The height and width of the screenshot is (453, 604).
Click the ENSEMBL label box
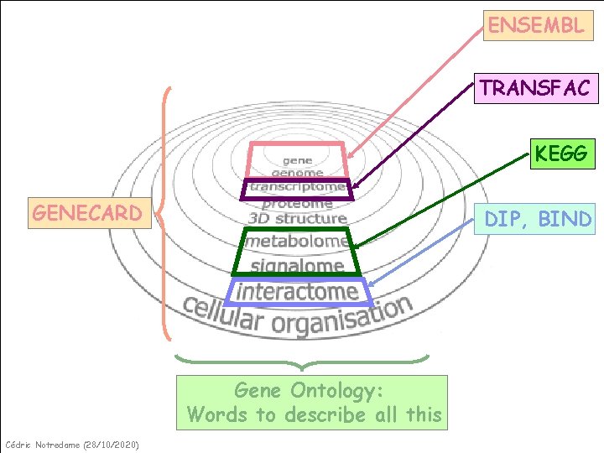coord(536,25)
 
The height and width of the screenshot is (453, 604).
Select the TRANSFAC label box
coord(535,87)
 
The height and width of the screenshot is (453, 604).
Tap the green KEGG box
coord(561,154)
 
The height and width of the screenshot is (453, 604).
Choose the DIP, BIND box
coord(538,219)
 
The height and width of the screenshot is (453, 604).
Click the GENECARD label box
coord(87,213)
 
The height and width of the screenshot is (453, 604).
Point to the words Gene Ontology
coord(309,390)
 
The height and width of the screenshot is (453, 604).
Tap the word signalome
coord(297,266)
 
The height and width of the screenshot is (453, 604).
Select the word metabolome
coord(297,242)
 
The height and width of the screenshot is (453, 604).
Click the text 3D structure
coord(297,218)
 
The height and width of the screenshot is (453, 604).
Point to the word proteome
coord(297,203)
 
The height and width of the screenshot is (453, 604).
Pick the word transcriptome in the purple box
coord(297,187)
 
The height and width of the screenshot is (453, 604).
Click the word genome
coord(297,173)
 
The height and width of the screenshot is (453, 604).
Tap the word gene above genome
coord(297,159)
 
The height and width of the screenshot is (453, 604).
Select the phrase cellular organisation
coord(298,315)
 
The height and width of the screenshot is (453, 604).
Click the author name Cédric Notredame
coord(42,444)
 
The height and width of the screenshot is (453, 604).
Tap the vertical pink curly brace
coord(164,213)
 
